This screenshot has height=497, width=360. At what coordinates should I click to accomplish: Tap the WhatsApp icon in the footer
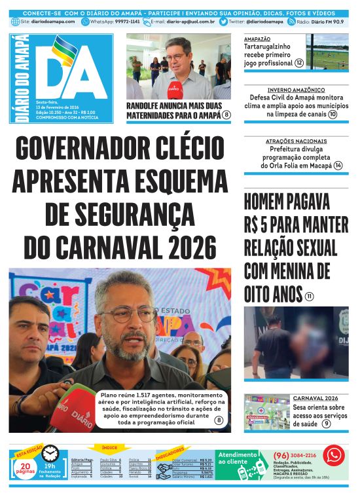334,455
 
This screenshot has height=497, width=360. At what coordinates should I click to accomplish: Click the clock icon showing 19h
50,452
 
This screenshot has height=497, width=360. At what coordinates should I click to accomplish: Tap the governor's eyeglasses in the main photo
128,314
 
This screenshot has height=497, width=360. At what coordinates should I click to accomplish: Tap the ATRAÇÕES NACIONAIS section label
296,141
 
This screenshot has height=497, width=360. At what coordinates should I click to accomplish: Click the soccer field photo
327,52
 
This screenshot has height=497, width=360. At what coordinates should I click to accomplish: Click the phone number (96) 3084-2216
295,456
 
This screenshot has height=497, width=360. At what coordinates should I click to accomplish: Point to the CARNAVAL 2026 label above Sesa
315,398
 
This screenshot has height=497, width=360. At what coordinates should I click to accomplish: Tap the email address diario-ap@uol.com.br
191,22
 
